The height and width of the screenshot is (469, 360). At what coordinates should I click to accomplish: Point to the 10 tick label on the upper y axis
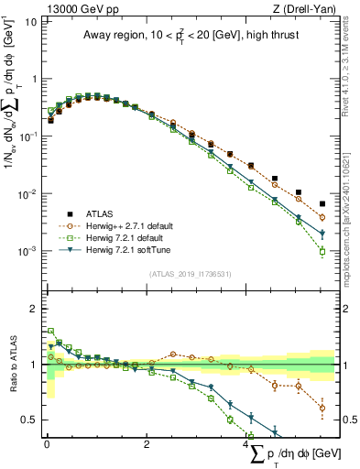[x=31, y=21]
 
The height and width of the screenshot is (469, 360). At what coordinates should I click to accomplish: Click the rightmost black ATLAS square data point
[x=322, y=204]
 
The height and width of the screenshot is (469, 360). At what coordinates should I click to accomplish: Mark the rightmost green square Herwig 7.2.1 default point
[x=322, y=252]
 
